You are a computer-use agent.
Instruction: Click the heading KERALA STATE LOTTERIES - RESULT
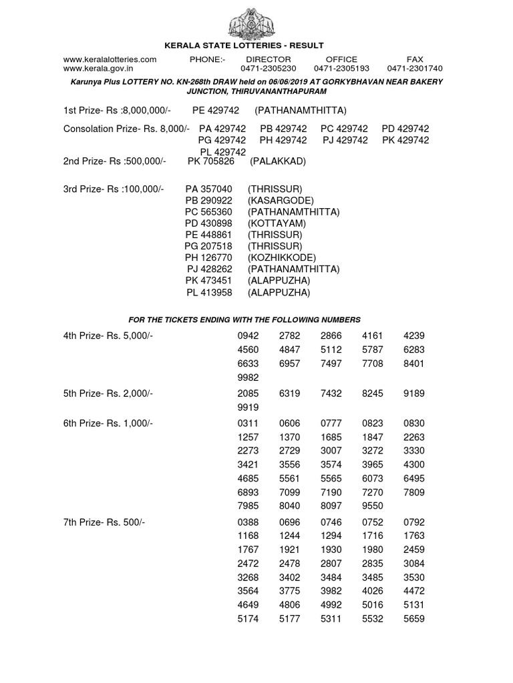click(x=244, y=45)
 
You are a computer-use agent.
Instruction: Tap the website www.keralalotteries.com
click(x=110, y=59)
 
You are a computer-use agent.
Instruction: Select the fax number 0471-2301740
click(x=414, y=68)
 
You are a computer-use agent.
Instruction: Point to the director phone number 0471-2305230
click(x=269, y=68)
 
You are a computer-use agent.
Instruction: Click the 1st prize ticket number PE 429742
click(x=216, y=110)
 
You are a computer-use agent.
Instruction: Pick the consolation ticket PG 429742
click(x=222, y=140)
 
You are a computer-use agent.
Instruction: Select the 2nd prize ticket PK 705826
click(x=210, y=161)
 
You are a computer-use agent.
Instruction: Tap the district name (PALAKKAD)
click(x=278, y=161)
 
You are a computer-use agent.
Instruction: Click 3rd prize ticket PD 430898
click(x=208, y=223)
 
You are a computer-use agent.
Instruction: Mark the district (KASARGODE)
click(x=281, y=201)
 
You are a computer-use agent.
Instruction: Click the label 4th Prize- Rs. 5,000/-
click(x=108, y=335)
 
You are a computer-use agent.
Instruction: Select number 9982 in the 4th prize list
click(x=248, y=378)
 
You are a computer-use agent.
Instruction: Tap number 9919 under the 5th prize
click(x=248, y=408)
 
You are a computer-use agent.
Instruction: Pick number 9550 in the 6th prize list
click(x=373, y=506)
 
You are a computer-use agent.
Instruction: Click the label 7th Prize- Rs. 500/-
click(x=104, y=522)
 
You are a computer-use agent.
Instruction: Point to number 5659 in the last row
click(x=414, y=619)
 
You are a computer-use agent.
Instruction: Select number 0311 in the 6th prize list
click(x=248, y=424)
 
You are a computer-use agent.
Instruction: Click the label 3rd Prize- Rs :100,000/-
click(x=114, y=189)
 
